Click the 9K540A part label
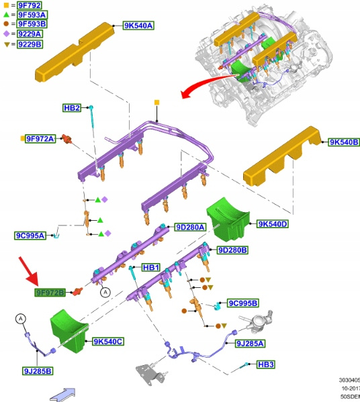[138, 26]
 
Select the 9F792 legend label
[30, 5]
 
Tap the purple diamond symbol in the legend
[7, 34]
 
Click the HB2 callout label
[72, 108]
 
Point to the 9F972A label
[40, 139]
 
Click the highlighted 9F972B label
[50, 292]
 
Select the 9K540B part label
[344, 142]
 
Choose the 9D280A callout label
[190, 227]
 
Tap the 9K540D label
[273, 224]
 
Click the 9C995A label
[30, 236]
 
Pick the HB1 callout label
[151, 268]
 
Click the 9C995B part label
[242, 303]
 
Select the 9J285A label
[250, 344]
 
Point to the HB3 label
[266, 364]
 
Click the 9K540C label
[108, 342]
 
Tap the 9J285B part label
[38, 371]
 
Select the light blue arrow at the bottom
[62, 395]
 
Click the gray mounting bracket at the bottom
[150, 374]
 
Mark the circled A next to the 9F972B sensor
[105, 292]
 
